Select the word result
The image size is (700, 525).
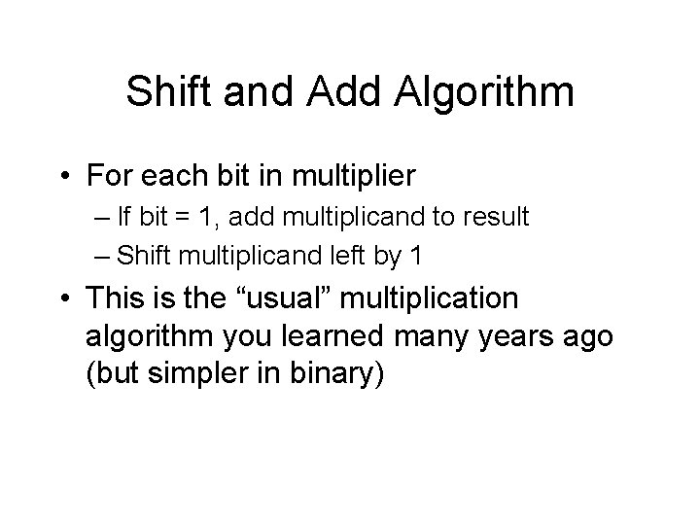click(495, 217)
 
